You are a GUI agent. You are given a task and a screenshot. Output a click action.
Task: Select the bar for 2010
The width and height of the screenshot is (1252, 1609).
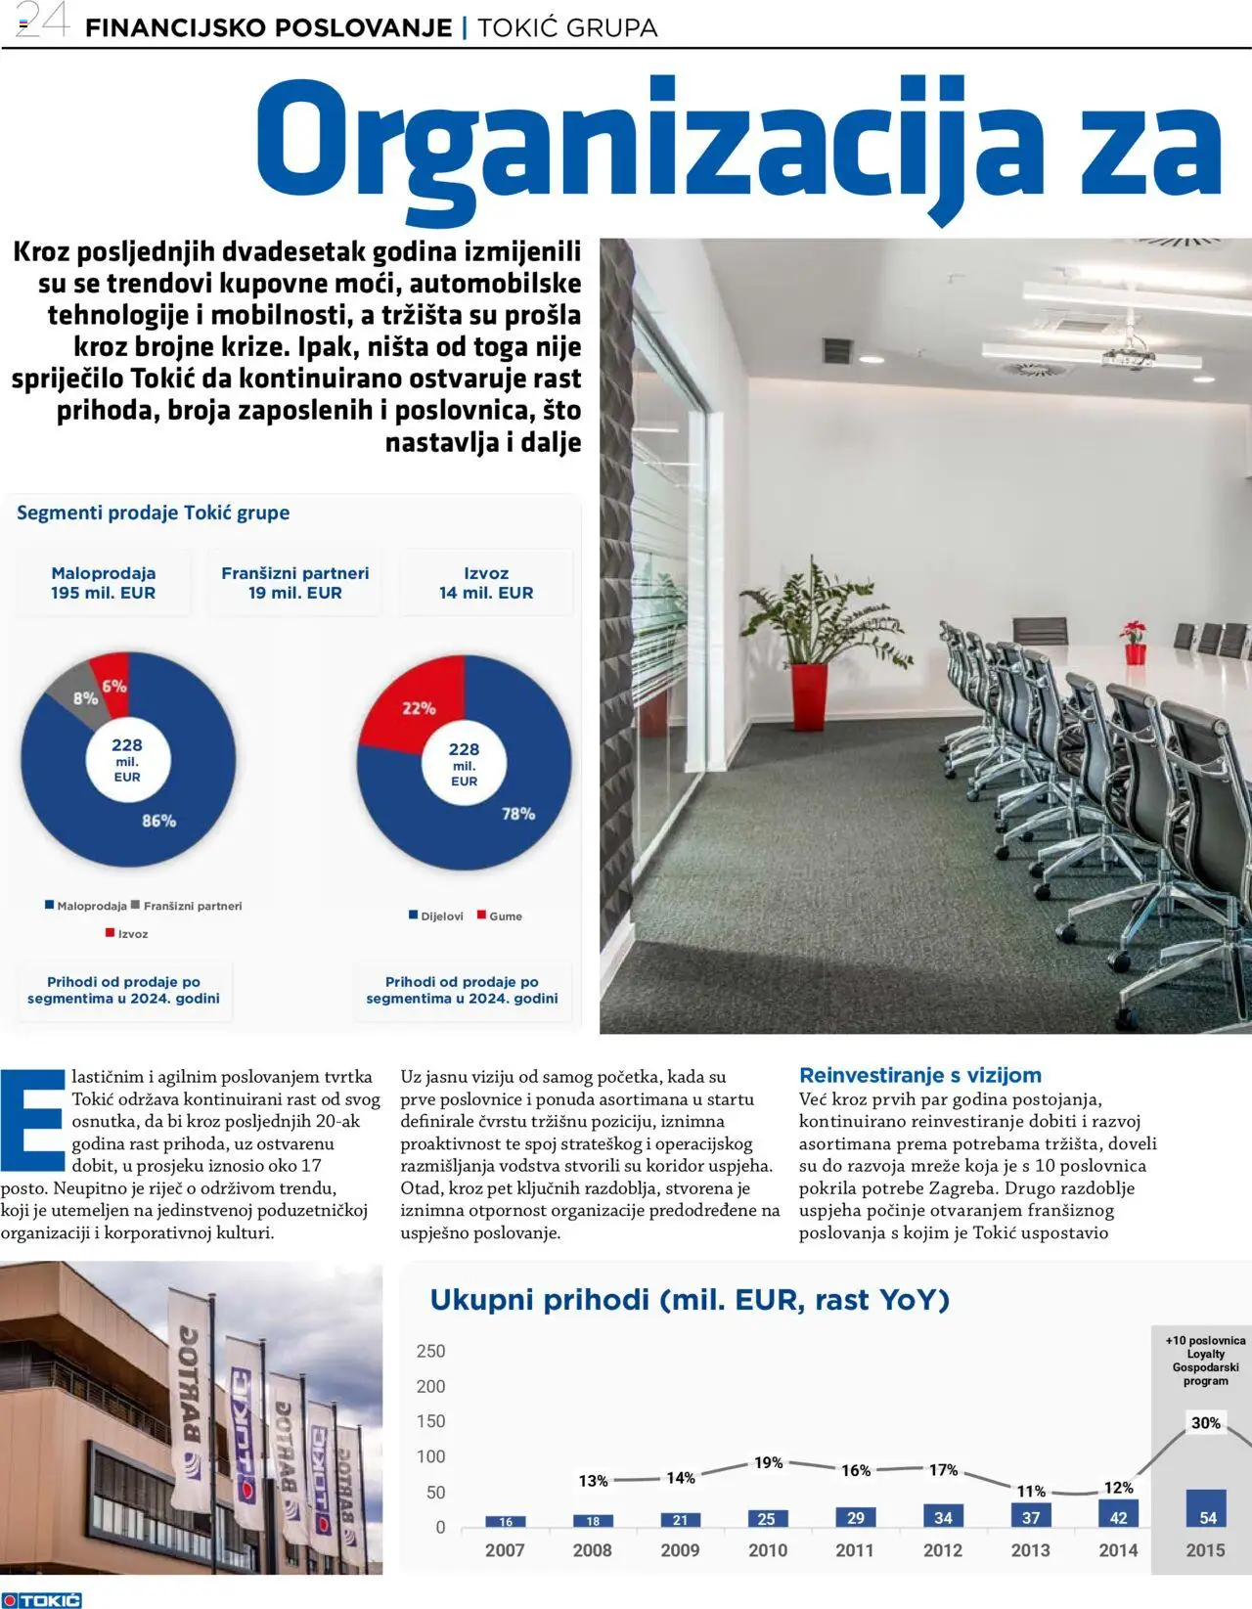767,1519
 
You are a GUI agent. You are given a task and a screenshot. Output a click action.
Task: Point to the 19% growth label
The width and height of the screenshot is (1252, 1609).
768,1463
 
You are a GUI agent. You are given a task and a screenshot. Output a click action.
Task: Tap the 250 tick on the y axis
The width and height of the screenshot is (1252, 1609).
430,1352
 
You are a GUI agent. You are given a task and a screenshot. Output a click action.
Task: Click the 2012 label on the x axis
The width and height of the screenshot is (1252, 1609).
943,1550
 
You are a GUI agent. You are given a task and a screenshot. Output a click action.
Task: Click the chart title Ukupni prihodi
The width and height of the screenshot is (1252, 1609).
690,1300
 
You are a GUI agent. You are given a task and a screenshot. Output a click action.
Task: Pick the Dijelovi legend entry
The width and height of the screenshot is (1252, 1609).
436,916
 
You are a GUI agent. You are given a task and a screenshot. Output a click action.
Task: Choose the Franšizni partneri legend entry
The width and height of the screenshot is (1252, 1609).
186,906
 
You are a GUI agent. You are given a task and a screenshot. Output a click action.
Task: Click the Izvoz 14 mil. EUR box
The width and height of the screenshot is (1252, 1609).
486,583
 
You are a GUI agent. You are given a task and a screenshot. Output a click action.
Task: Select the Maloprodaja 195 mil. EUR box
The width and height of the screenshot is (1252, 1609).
103,583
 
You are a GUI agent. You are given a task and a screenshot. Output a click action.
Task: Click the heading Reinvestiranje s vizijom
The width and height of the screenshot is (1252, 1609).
919,1075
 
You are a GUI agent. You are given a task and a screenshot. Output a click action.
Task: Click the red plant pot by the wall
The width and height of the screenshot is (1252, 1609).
805,699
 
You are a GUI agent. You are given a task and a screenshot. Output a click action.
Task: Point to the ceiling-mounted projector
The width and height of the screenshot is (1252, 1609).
1128,358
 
